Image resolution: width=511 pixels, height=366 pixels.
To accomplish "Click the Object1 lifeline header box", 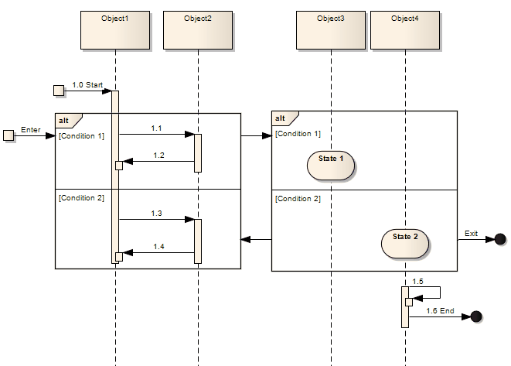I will click(115, 30).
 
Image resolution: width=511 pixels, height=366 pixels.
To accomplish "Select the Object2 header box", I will click(198, 30).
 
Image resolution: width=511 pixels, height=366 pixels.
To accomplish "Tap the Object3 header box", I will click(331, 30).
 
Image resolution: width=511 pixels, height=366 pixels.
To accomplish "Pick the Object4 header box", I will click(404, 30).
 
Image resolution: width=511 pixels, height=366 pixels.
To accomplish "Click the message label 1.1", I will click(156, 128).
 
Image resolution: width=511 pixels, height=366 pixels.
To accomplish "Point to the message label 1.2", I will click(158, 156).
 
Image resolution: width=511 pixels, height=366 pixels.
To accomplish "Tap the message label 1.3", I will click(156, 214).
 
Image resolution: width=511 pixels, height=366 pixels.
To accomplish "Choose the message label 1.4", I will click(158, 246).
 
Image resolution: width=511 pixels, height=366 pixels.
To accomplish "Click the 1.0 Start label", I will click(87, 85).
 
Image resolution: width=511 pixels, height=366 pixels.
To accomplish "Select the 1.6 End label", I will click(440, 310).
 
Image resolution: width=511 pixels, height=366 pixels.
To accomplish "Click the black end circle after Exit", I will click(500, 239).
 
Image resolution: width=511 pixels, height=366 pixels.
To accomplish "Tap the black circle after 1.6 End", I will click(476, 316).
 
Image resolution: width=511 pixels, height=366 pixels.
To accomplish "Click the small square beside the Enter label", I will click(9, 136).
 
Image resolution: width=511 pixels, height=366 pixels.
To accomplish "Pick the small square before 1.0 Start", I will click(59, 91).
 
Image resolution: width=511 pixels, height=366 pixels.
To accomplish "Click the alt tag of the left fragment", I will click(65, 121).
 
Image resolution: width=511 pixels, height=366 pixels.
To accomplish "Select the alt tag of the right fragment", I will click(281, 118).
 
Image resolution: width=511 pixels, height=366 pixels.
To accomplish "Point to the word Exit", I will click(471, 233).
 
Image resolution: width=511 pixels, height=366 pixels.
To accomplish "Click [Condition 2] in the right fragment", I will click(298, 198).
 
